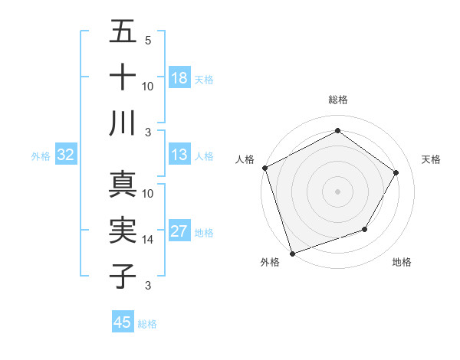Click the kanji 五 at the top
pos(123,33)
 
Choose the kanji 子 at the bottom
pos(123,276)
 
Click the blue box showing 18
pos(179,78)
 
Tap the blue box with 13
pos(179,155)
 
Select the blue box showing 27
pos(179,232)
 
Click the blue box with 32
pos(65,155)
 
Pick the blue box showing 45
pos(123,322)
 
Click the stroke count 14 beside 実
pos(148,240)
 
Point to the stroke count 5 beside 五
pos(147,40)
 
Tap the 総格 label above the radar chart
pos(338,100)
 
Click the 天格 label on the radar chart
pos(432,159)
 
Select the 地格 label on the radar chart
pos(402,263)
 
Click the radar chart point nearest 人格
pos(265,168)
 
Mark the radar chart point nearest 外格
pos(293,253)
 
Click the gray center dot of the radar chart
pos(338,191)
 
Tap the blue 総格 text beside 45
pos(147,324)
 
